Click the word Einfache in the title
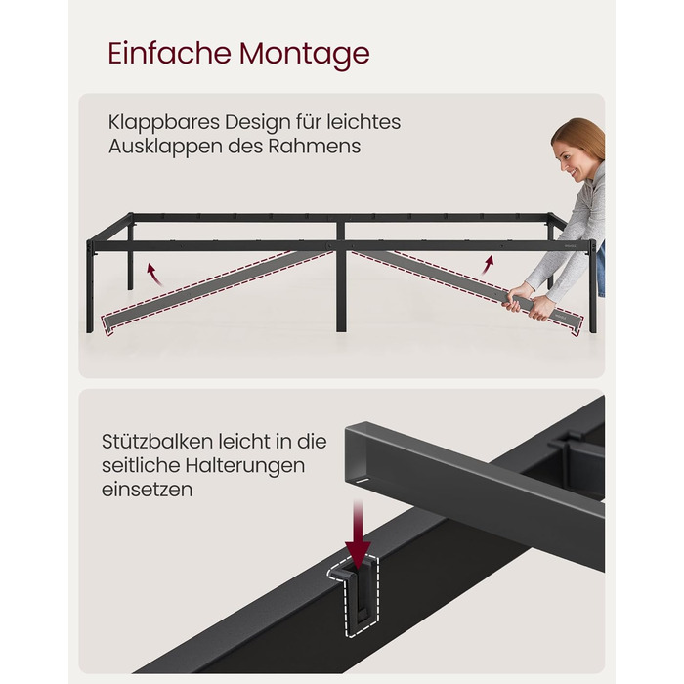pyautogui.click(x=169, y=53)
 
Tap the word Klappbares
pyautogui.click(x=164, y=122)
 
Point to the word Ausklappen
pyautogui.click(x=166, y=147)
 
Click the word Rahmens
pyautogui.click(x=314, y=147)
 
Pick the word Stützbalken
pyautogui.click(x=157, y=442)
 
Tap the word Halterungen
pyautogui.click(x=244, y=466)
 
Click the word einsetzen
pyautogui.click(x=147, y=490)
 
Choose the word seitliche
pyautogui.click(x=141, y=465)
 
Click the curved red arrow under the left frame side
pyautogui.click(x=154, y=275)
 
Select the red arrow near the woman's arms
pyautogui.click(x=488, y=265)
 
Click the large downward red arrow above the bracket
pyautogui.click(x=358, y=534)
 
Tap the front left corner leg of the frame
pyautogui.click(x=90, y=286)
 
